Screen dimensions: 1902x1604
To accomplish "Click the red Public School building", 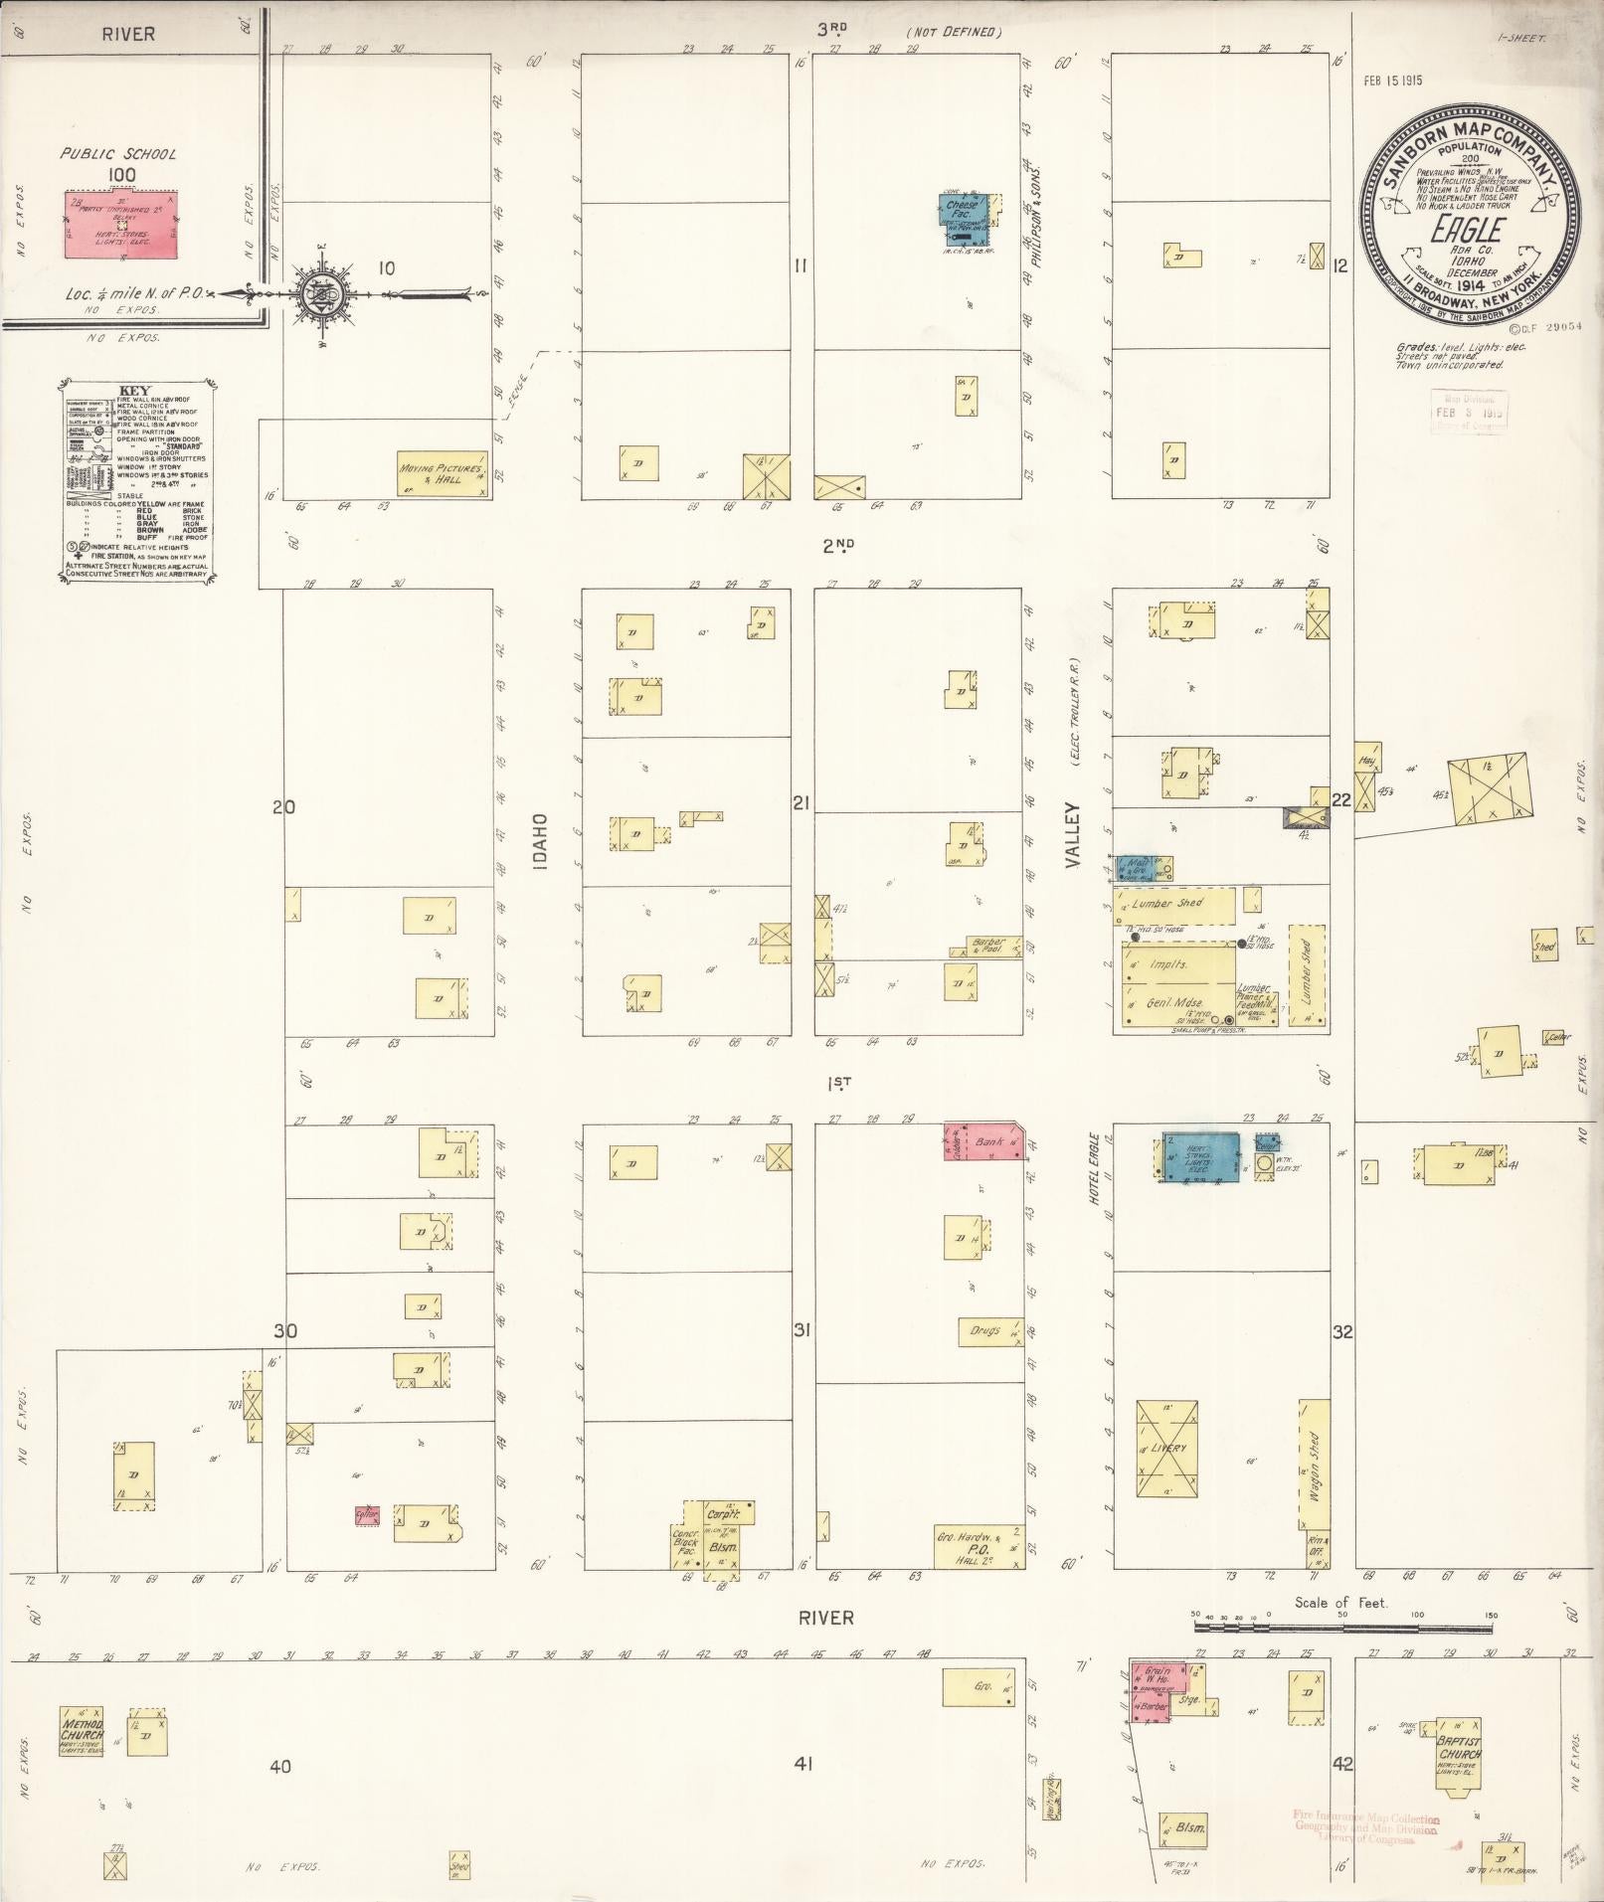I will coord(122,225).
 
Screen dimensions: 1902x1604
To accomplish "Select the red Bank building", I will coord(984,1142).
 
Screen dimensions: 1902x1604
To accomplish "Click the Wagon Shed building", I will coord(1314,1466).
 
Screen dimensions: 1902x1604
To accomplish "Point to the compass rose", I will coord(329,292).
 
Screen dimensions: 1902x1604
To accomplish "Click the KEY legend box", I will coord(136,481).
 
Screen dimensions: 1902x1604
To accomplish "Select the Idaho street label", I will coord(540,843).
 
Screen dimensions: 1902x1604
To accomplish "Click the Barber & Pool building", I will coord(988,945).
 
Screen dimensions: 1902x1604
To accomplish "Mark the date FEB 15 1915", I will coord(1393,81).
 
